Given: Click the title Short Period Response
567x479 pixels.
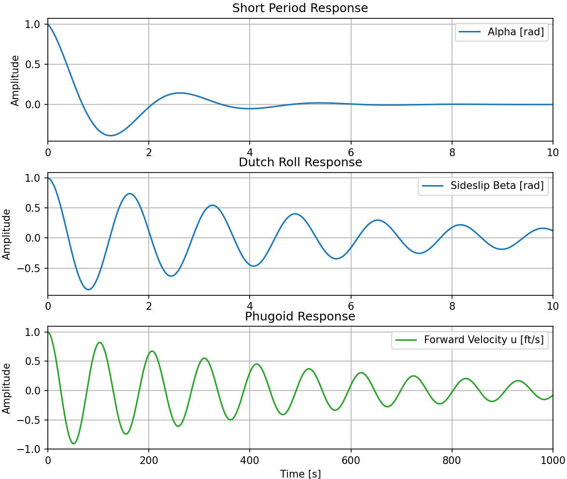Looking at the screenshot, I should click(x=300, y=8).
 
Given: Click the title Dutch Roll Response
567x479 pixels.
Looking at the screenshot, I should click(x=300, y=162).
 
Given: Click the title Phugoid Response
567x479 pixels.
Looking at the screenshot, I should click(x=300, y=317).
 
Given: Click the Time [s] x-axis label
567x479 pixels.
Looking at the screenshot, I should click(x=300, y=474).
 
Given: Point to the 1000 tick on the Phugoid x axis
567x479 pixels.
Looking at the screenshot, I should click(x=553, y=460).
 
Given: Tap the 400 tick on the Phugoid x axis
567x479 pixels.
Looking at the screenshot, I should click(x=250, y=460).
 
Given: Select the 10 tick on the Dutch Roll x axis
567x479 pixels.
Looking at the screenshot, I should click(x=553, y=306).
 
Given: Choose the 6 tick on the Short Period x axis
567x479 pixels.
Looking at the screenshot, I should click(x=351, y=152).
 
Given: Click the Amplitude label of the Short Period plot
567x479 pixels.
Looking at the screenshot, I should click(x=15, y=80).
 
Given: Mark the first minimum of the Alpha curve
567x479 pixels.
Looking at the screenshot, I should click(x=111, y=135).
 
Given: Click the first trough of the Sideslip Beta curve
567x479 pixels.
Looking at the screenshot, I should click(x=88, y=290).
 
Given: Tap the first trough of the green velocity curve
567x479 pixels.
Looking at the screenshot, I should click(x=73, y=443).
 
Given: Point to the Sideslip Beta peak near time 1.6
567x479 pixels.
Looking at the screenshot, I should click(x=129, y=194).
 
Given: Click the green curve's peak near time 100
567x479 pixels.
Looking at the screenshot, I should click(x=99, y=343).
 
